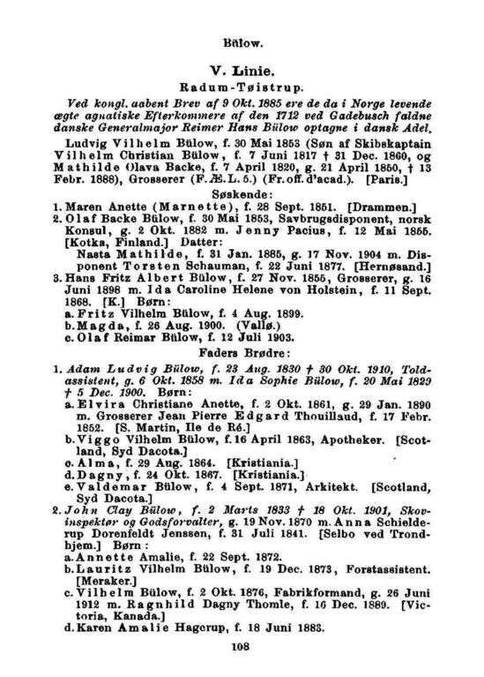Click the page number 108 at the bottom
coord(242,647)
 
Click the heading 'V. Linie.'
coord(242,69)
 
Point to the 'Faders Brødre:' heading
coord(242,372)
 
